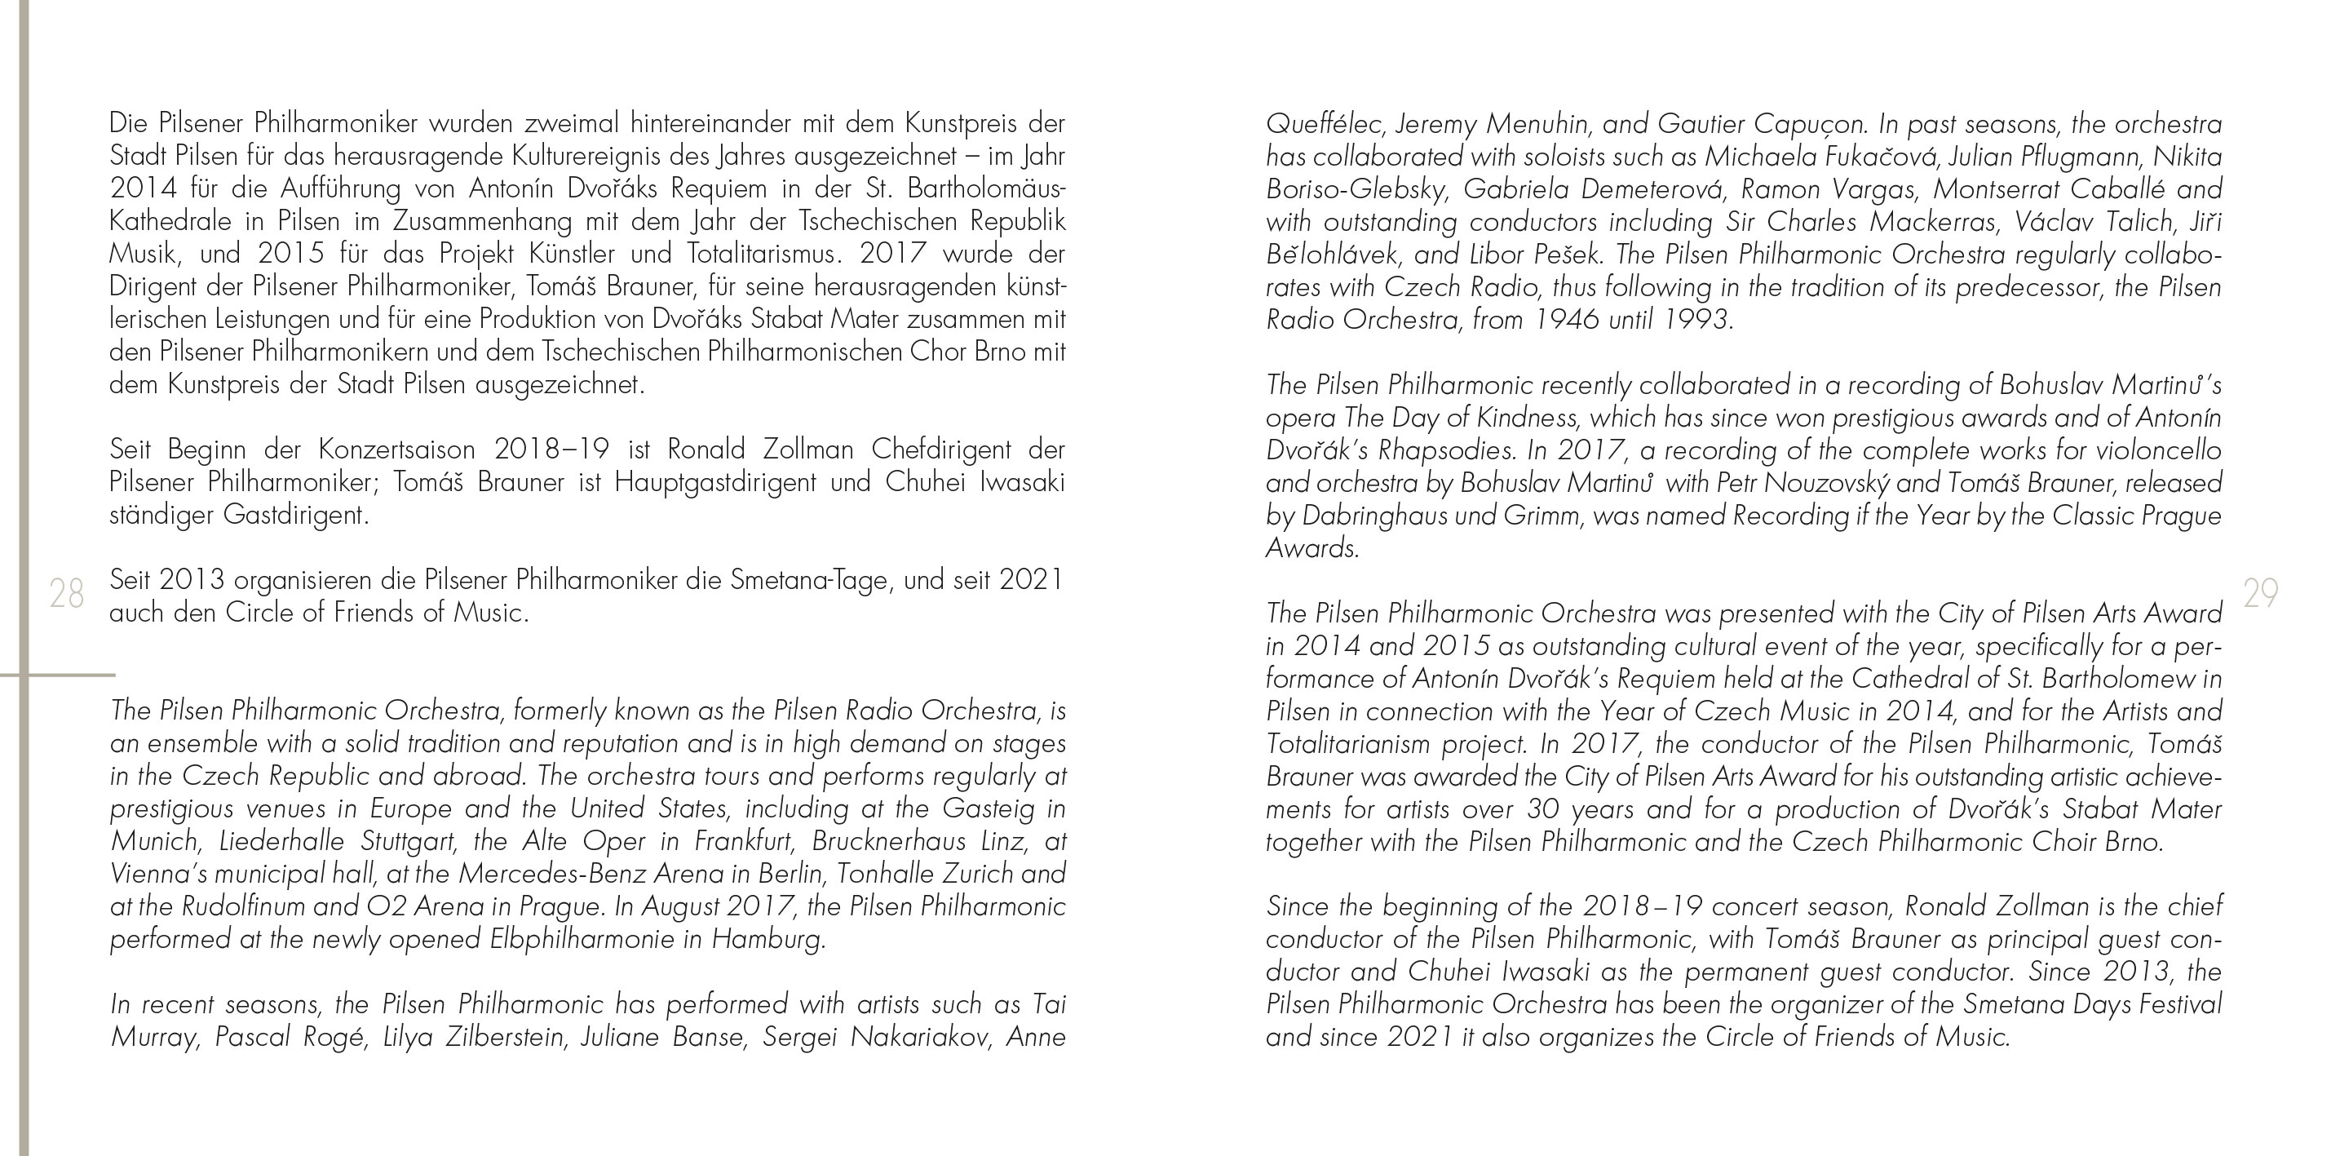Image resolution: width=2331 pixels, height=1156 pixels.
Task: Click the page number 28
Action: tap(66, 594)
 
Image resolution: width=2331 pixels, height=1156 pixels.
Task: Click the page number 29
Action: tap(2260, 594)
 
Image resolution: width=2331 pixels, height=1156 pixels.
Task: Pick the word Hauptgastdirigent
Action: tap(714, 482)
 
